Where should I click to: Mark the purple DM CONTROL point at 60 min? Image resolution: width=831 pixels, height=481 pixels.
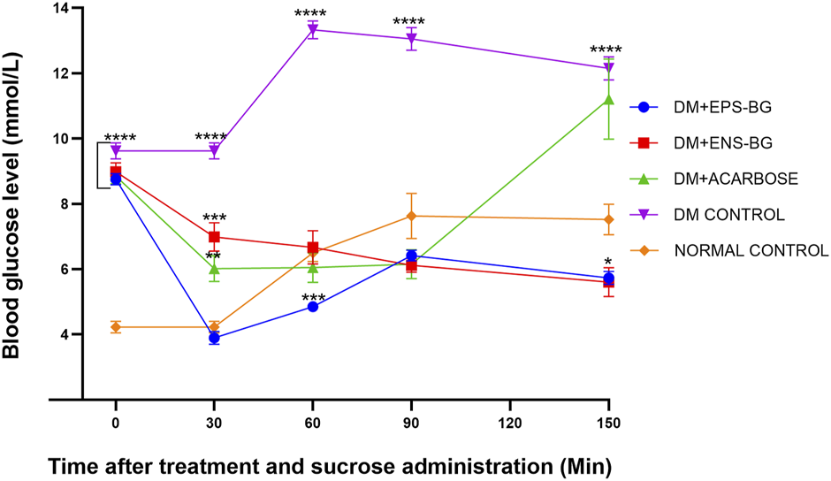(312, 30)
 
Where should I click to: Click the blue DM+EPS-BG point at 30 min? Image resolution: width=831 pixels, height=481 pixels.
(214, 338)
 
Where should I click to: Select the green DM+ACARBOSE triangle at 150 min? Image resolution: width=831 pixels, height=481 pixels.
(607, 99)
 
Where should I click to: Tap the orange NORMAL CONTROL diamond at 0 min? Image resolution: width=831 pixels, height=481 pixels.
(116, 327)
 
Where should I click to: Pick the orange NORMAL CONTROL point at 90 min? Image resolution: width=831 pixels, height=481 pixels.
(411, 216)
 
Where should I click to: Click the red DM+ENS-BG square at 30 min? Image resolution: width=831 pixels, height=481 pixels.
(214, 237)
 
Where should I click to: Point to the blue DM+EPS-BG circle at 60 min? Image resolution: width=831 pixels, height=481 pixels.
(312, 307)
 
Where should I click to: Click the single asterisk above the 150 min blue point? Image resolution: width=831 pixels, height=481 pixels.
(608, 262)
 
